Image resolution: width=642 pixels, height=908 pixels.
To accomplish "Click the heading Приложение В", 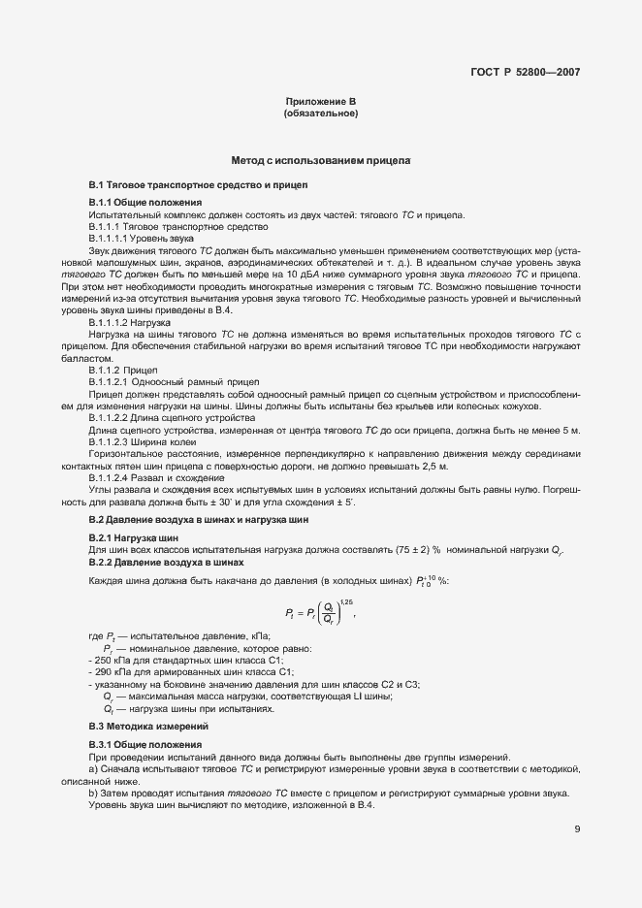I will (x=320, y=102).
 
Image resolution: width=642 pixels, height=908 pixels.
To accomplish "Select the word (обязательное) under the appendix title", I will (x=320, y=113).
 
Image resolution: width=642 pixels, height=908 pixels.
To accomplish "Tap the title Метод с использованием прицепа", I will (x=320, y=159).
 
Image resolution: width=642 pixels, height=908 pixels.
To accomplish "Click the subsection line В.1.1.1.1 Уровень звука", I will (x=141, y=238).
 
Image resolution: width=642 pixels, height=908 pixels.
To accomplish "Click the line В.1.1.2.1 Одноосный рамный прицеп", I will (x=160, y=380).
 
